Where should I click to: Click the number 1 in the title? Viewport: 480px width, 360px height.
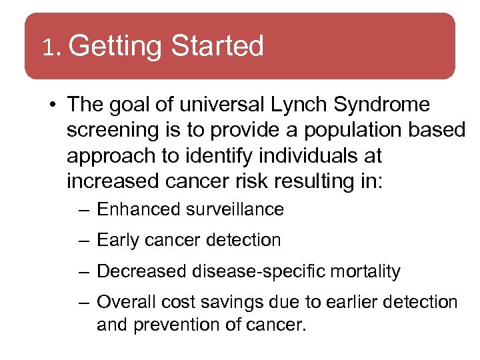[47, 47]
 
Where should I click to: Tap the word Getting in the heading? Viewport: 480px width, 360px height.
[115, 47]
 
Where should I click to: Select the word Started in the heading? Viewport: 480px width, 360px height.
[217, 46]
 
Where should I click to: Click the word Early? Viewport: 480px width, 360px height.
[117, 240]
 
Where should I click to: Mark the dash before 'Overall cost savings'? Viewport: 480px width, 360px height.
[83, 303]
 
